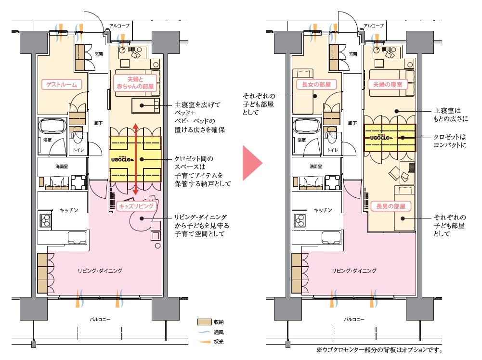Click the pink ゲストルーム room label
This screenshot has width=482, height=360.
point(62,85)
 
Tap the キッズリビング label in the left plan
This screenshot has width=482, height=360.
point(136,206)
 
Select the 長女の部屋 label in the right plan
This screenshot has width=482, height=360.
point(316,85)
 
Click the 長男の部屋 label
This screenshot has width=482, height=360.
point(391,206)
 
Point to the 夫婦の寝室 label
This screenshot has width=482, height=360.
point(388,85)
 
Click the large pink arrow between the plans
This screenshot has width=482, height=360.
point(252,163)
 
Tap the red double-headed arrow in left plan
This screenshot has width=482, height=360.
point(136,159)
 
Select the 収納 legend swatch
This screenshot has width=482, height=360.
point(205,322)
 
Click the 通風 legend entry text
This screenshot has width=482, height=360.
point(219,332)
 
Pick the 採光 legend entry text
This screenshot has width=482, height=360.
point(219,342)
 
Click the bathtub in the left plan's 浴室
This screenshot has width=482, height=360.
point(52,126)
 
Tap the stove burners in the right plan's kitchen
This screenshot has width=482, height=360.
point(300,220)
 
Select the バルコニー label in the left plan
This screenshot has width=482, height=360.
point(100,320)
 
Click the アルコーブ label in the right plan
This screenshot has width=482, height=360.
point(374,26)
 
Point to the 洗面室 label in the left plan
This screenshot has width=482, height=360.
point(62,167)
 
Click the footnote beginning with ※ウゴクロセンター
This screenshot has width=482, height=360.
point(379,350)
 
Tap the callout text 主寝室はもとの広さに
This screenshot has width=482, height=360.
point(451,115)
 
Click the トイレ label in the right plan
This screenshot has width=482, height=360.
point(333,150)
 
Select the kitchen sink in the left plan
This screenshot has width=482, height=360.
point(77,238)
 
